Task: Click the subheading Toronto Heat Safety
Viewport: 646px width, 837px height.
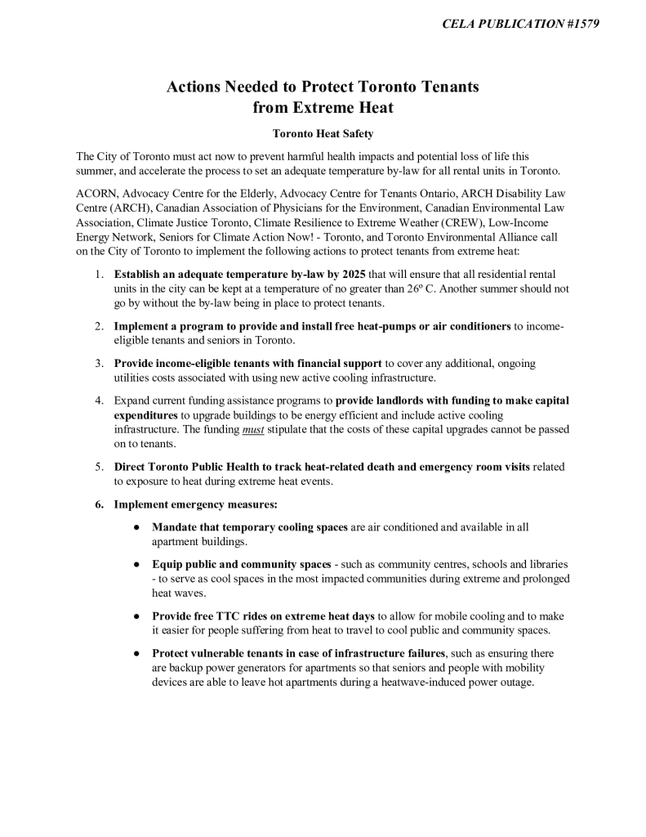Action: click(323, 133)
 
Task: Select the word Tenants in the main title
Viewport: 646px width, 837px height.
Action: click(446, 87)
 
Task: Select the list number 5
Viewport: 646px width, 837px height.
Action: click(98, 467)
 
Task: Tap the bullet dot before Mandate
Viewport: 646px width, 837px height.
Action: click(136, 527)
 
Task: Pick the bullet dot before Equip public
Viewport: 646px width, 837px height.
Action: click(136, 565)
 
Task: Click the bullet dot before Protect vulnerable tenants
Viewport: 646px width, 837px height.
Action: click(136, 653)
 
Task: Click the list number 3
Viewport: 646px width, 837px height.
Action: click(98, 363)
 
